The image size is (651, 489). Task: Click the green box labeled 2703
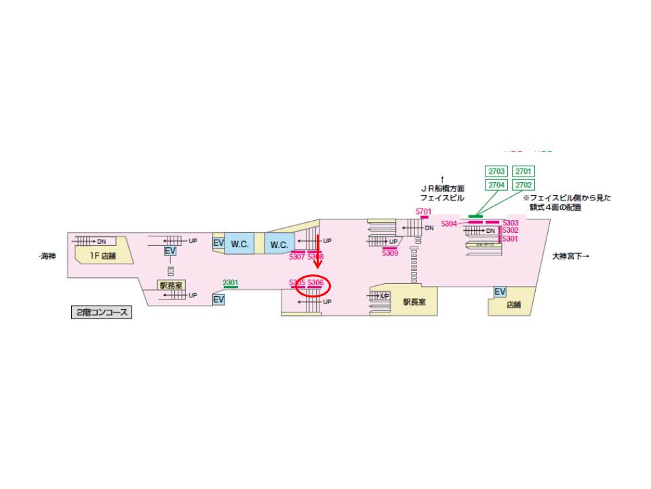coord(496,171)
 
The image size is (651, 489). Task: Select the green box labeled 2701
coord(524,171)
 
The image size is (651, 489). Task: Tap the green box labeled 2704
coord(496,185)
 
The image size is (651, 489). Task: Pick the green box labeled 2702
coord(524,185)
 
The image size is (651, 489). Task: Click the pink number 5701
coord(424,212)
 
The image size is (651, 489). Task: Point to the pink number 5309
coord(390,253)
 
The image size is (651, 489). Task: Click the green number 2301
coord(231,283)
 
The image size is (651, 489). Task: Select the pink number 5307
coord(297,257)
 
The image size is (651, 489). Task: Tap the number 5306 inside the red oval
coord(315,283)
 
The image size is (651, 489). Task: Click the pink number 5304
coord(449,223)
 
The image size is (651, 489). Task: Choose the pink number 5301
coord(510,238)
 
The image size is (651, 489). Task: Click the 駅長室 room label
coord(414,302)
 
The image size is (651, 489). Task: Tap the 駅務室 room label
coord(170,285)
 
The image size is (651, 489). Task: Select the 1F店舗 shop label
coord(103,256)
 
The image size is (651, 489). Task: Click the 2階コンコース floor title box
coord(101,312)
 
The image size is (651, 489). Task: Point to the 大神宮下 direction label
coord(570,256)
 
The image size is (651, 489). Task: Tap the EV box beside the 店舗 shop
coord(500,292)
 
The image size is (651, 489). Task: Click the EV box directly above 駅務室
coord(170,251)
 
